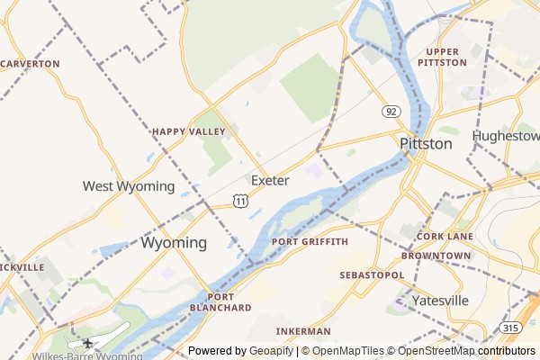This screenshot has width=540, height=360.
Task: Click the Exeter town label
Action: (270, 181)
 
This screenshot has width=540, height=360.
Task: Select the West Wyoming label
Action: (129, 186)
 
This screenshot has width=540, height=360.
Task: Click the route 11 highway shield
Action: (240, 201)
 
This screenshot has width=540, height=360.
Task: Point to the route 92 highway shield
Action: (391, 112)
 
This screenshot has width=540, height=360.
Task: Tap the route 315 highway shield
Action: (510, 328)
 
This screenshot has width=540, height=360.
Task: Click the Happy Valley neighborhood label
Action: (188, 131)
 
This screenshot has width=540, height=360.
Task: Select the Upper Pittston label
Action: (443, 58)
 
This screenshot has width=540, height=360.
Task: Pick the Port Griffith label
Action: (310, 242)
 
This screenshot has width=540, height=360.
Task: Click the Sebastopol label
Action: (371, 274)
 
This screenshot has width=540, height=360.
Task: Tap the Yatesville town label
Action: (440, 300)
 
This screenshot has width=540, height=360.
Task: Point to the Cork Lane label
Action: (445, 236)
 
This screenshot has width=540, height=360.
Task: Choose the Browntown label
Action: (436, 256)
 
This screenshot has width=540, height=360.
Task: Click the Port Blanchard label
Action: (220, 302)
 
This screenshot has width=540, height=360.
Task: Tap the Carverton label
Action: (30, 64)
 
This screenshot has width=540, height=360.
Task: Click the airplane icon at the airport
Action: (88, 342)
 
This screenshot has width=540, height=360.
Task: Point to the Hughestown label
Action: (506, 136)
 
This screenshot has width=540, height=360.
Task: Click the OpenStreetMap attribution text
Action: (466, 351)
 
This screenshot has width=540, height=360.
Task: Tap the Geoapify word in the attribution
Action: (271, 351)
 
